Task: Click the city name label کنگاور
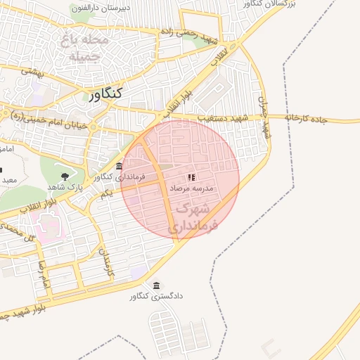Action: click(106, 94)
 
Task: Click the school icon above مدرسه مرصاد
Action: click(191, 177)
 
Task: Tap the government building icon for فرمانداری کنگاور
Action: click(119, 167)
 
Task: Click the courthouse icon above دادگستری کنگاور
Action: click(156, 285)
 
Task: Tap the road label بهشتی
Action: click(32, 71)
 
